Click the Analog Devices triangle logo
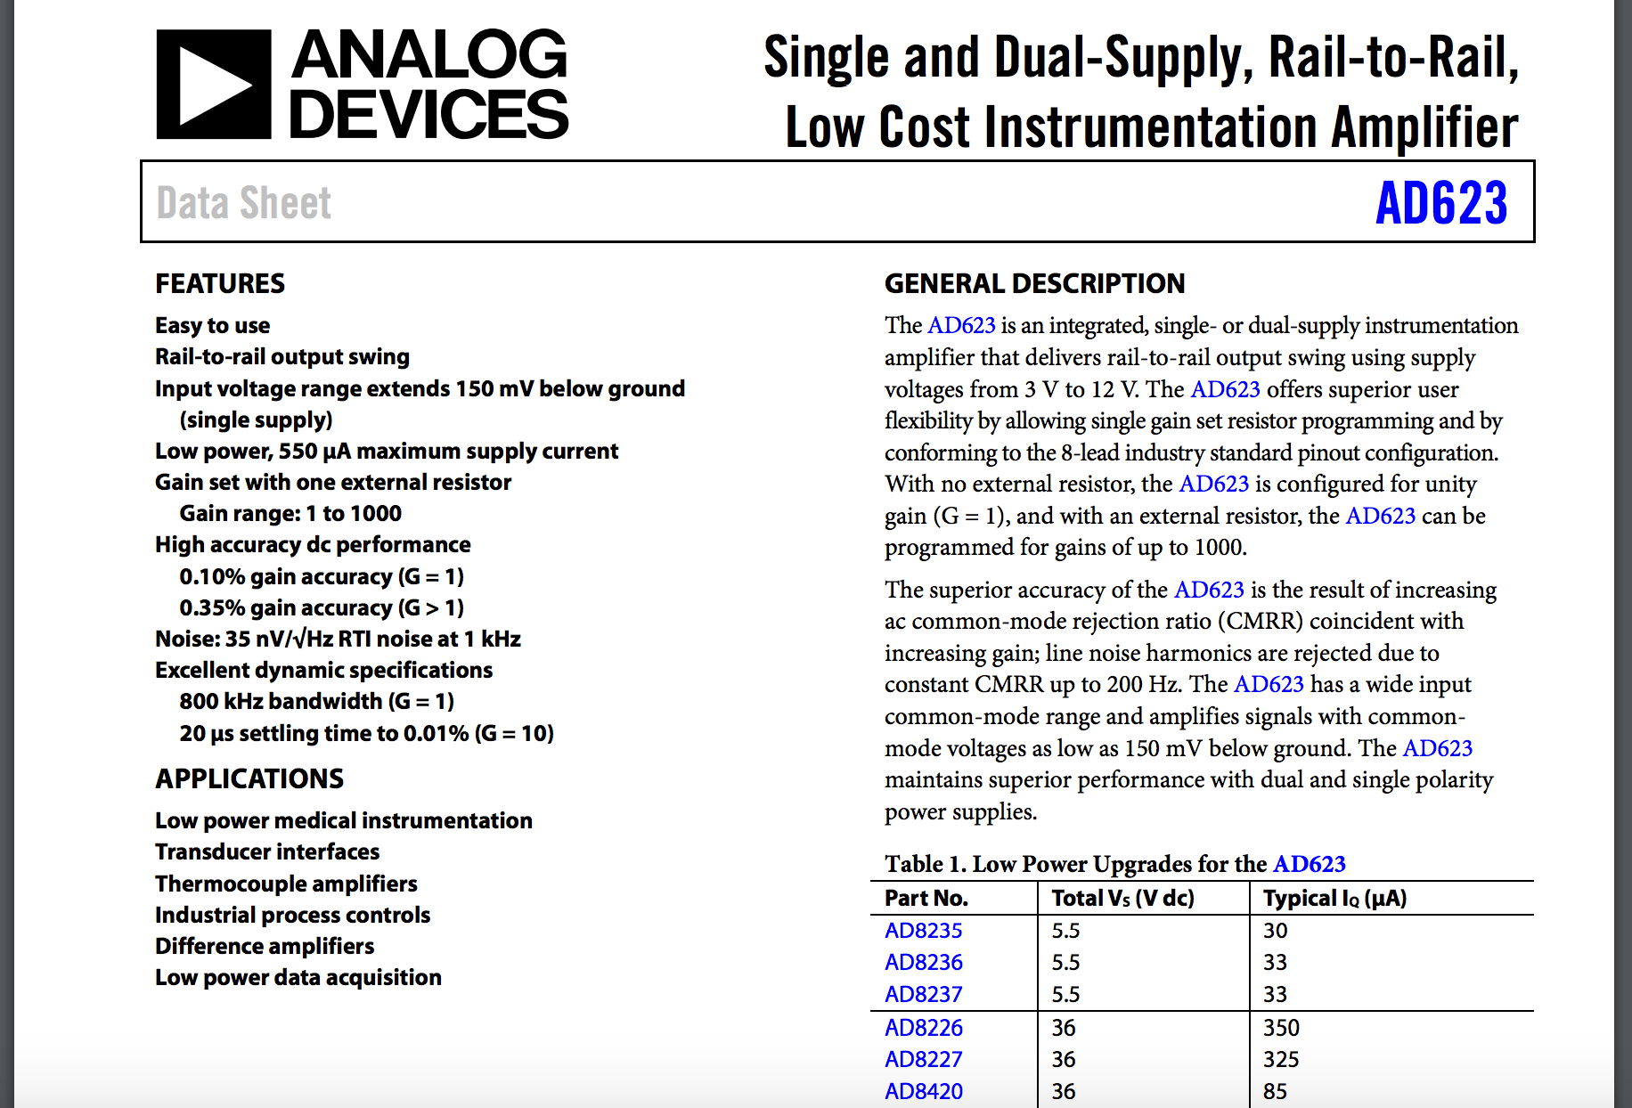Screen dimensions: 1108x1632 click(x=214, y=85)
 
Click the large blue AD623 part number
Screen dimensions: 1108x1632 click(x=1440, y=203)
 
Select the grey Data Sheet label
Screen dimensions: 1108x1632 click(x=243, y=203)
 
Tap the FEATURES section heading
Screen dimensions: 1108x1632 click(x=220, y=283)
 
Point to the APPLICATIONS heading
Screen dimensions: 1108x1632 click(x=249, y=778)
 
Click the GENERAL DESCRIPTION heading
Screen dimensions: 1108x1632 click(x=1034, y=283)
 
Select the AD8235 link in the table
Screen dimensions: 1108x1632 click(x=923, y=931)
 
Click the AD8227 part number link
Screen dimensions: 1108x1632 click(x=923, y=1059)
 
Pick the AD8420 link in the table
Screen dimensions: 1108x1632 click(x=923, y=1091)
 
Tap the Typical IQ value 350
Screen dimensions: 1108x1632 click(x=1281, y=1028)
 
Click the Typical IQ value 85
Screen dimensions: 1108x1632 click(x=1275, y=1091)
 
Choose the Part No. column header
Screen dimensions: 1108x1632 click(x=926, y=898)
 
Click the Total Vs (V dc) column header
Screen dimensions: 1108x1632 click(x=1122, y=898)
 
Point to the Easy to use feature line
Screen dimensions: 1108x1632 click(x=212, y=325)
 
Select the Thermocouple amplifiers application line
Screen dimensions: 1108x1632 click(x=286, y=884)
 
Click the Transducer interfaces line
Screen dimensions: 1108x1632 click(x=267, y=851)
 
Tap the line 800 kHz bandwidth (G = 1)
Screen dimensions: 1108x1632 click(x=316, y=701)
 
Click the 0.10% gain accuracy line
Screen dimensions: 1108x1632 click(x=321, y=576)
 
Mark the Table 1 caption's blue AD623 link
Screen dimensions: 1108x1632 click(x=1309, y=864)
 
